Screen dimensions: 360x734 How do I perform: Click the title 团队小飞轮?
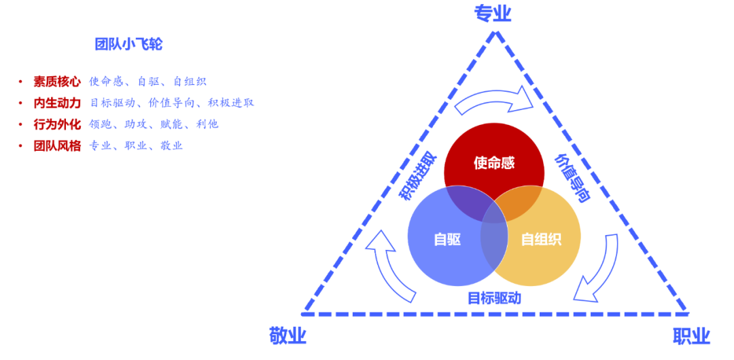click(128, 45)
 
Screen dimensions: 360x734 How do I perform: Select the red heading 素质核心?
click(57, 82)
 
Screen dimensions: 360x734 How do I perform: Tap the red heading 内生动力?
click(57, 103)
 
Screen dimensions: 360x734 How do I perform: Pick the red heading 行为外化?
click(57, 124)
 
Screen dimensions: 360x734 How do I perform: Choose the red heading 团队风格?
click(57, 145)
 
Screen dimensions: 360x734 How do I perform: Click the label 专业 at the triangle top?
click(492, 14)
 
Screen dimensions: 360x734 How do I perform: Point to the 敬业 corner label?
click(287, 336)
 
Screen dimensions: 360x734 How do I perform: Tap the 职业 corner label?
click(691, 336)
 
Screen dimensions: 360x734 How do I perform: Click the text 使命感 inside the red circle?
click(494, 163)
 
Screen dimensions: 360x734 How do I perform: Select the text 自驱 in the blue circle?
click(447, 239)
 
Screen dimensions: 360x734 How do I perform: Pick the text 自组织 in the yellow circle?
click(541, 239)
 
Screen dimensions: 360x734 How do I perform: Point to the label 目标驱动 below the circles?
click(494, 298)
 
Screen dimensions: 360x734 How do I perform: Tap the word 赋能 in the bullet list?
click(172, 124)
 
